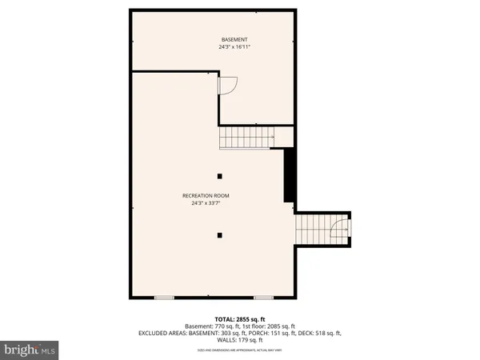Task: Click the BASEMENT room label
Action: tap(234, 39)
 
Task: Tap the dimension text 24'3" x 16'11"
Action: tap(234, 47)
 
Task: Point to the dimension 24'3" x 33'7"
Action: tap(206, 203)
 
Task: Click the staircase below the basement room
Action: tap(248, 138)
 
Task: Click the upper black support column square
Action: tap(220, 176)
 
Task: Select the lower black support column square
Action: tap(220, 234)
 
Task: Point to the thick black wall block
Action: tap(290, 177)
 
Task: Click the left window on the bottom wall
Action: tap(164, 298)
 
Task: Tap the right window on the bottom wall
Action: tap(264, 298)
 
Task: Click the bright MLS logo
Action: tap(30, 349)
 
